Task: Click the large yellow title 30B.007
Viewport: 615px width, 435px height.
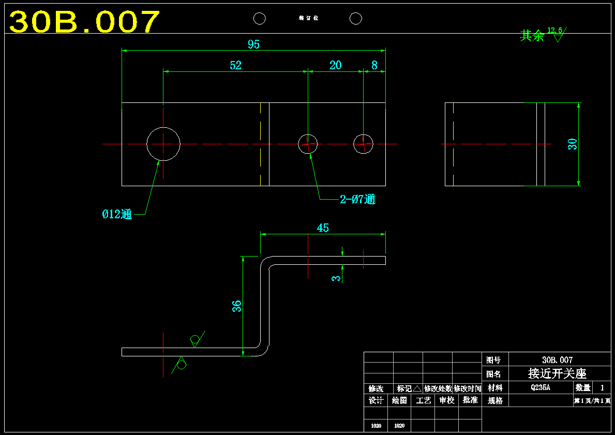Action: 84,22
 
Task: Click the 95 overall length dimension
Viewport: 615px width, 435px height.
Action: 253,44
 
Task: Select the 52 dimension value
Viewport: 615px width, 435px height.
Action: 235,65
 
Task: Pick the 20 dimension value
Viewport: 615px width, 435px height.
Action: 335,65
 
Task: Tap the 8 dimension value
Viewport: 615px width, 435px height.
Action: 374,65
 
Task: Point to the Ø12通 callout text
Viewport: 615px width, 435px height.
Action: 117,214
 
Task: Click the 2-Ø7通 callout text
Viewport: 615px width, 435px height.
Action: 357,199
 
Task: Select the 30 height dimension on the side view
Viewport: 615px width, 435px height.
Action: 573,144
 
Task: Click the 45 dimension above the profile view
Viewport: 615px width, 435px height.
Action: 323,228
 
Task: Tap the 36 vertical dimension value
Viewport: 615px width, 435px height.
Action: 236,306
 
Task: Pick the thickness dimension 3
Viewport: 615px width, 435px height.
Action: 337,278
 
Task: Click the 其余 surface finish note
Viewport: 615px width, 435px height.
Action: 532,36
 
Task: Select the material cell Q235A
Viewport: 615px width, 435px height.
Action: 541,387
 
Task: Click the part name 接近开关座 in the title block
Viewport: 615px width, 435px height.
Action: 557,373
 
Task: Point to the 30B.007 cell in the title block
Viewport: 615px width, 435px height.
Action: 557,359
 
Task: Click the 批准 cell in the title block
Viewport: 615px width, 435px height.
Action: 470,400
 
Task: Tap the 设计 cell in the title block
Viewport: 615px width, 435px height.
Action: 376,400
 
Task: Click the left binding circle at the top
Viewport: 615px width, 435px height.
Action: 260,19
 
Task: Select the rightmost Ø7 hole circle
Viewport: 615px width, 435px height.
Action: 363,144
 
